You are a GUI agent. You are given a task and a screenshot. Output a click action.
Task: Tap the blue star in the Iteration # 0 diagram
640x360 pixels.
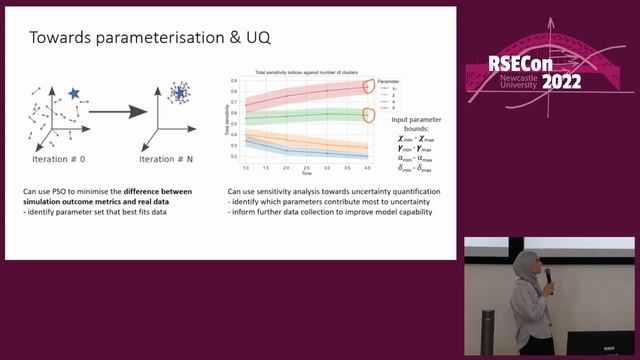(x=73, y=93)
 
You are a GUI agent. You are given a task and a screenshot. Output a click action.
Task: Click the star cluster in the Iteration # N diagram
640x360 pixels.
(x=180, y=93)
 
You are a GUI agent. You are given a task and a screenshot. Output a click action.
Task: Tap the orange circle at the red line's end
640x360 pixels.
(x=368, y=86)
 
